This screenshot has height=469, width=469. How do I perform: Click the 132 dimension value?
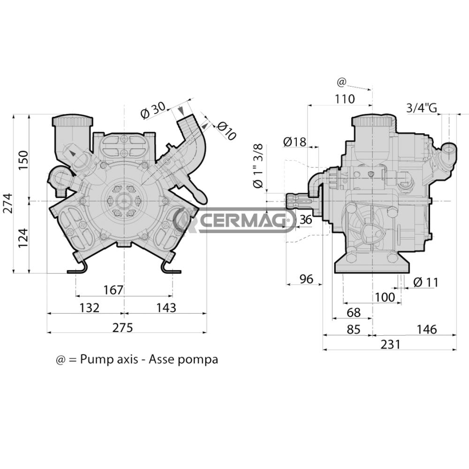[x=90, y=308]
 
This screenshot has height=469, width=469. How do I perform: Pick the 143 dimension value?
[x=166, y=308]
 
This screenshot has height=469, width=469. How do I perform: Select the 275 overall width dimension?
[x=123, y=327]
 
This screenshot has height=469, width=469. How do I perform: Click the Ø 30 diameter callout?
[x=153, y=111]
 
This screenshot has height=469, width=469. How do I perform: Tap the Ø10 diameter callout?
[x=227, y=131]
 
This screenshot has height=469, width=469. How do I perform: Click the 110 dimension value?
[x=345, y=99]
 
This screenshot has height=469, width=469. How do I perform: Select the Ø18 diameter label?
[x=295, y=141]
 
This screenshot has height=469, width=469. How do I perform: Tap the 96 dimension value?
[x=306, y=279]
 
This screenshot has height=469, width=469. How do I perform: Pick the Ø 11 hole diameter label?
[x=426, y=282]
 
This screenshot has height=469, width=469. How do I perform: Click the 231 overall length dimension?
[x=390, y=344]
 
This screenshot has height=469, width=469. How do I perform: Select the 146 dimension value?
[x=426, y=329]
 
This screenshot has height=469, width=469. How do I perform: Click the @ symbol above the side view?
[x=341, y=83]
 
